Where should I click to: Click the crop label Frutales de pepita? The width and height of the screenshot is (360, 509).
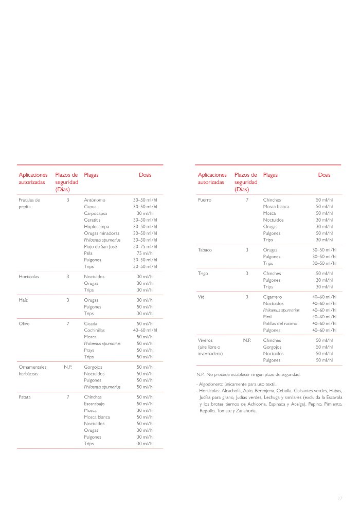[x=29, y=203]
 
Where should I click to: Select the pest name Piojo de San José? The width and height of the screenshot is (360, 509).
[x=100, y=246]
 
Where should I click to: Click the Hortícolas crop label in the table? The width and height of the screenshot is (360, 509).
[x=29, y=277]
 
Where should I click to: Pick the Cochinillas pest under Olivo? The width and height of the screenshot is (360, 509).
[x=95, y=330]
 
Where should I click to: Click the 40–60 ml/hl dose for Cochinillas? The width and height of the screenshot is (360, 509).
[x=145, y=330]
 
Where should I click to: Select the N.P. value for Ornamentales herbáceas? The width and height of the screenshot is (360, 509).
[x=67, y=367]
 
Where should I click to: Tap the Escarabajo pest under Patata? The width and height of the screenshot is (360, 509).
[x=95, y=404]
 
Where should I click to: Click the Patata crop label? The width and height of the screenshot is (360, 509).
[x=25, y=397]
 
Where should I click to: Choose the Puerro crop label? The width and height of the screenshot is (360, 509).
[x=205, y=199]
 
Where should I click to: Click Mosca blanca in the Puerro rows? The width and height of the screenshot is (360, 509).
[x=276, y=206]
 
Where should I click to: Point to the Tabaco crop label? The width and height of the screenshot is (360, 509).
[x=205, y=250]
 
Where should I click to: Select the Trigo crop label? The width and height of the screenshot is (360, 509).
[x=203, y=273]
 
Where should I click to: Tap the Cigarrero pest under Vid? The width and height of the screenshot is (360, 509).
[x=273, y=297]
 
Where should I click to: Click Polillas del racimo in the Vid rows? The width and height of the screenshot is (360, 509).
[x=280, y=323]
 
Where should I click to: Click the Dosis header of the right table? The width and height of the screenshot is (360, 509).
[x=324, y=175]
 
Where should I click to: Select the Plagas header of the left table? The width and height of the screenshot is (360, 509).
[x=91, y=175]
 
